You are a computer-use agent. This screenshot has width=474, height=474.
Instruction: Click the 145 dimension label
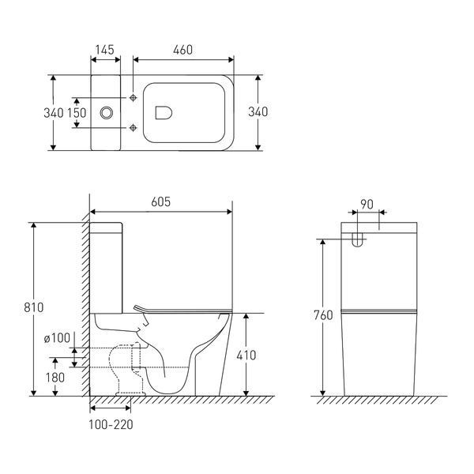pos(105,50)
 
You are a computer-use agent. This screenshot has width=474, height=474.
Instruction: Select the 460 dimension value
pos(183,51)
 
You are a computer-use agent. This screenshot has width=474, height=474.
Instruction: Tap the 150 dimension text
pos(77,113)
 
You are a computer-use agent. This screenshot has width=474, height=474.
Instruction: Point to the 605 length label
pos(161,202)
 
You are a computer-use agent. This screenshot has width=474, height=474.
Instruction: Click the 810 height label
pos(34,307)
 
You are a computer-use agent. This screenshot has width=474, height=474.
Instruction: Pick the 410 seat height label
pos(246,355)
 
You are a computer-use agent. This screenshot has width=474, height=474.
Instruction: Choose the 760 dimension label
pos(323,315)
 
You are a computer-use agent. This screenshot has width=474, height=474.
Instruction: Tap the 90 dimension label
pos(367,205)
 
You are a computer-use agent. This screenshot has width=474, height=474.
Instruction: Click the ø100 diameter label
pos(57,338)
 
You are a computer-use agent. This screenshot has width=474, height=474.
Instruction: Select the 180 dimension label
pos(55,378)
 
